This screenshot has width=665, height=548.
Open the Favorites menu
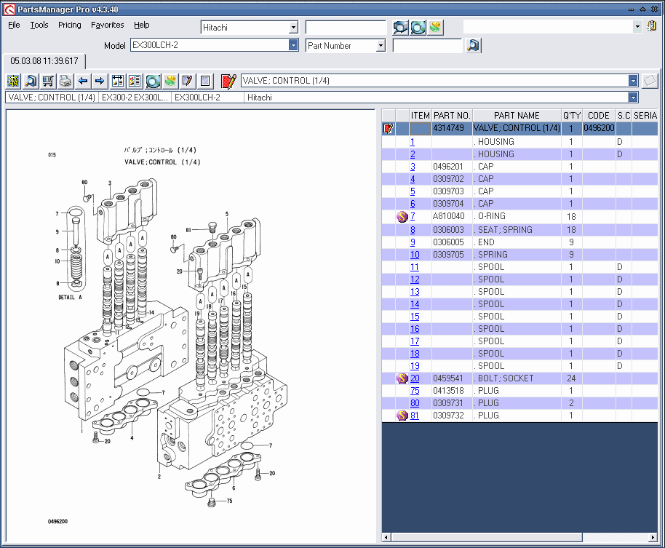coord(107,25)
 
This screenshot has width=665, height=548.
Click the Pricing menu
coord(70,25)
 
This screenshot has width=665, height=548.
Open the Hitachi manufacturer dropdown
coord(293,27)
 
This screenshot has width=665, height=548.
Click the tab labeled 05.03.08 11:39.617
coord(43,61)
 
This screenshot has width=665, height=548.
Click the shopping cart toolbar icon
coord(48,81)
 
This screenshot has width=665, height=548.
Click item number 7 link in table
coord(413,217)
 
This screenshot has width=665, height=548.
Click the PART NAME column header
coord(517,115)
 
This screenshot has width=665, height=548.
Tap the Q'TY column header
coord(571,115)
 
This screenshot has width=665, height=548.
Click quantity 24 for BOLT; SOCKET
coord(571,378)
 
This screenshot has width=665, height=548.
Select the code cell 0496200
coord(599,128)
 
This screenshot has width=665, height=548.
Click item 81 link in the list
coord(415,416)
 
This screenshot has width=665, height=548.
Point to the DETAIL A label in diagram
coord(71,298)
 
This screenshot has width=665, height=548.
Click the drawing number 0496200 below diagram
coord(58,522)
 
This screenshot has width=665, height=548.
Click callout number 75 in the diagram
coord(229,501)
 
